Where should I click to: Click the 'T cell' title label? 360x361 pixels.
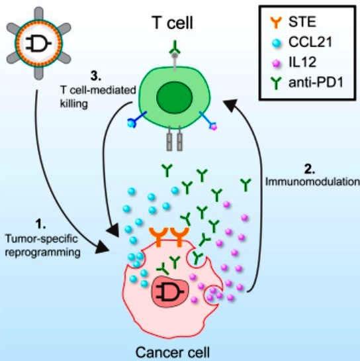click(x=173, y=23)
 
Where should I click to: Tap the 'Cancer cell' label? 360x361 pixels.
click(x=173, y=352)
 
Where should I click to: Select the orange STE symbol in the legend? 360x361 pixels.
click(x=276, y=22)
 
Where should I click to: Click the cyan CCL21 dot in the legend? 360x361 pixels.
click(x=276, y=43)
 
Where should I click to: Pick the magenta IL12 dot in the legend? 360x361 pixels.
click(x=276, y=63)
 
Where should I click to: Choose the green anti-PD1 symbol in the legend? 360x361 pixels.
click(x=276, y=83)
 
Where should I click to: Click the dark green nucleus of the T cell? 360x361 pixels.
click(x=174, y=97)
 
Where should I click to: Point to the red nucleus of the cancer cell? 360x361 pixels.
click(x=170, y=291)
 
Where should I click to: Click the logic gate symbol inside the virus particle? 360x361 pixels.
click(x=38, y=43)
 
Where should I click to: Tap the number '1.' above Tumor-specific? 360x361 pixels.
click(x=41, y=224)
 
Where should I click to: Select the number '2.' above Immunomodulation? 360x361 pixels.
click(x=310, y=169)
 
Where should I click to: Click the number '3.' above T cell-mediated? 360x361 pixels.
click(x=95, y=76)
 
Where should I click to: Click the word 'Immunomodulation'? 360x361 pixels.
click(x=312, y=182)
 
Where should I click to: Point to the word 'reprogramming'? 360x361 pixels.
click(x=43, y=253)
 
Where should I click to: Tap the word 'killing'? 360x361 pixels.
click(x=74, y=103)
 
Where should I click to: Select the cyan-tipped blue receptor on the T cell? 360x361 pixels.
click(x=137, y=119)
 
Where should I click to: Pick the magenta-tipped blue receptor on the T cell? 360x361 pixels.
click(x=208, y=121)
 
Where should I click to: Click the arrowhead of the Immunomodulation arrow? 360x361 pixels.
click(x=230, y=105)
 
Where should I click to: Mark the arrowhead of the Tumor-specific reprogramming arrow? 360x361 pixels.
click(x=103, y=247)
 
